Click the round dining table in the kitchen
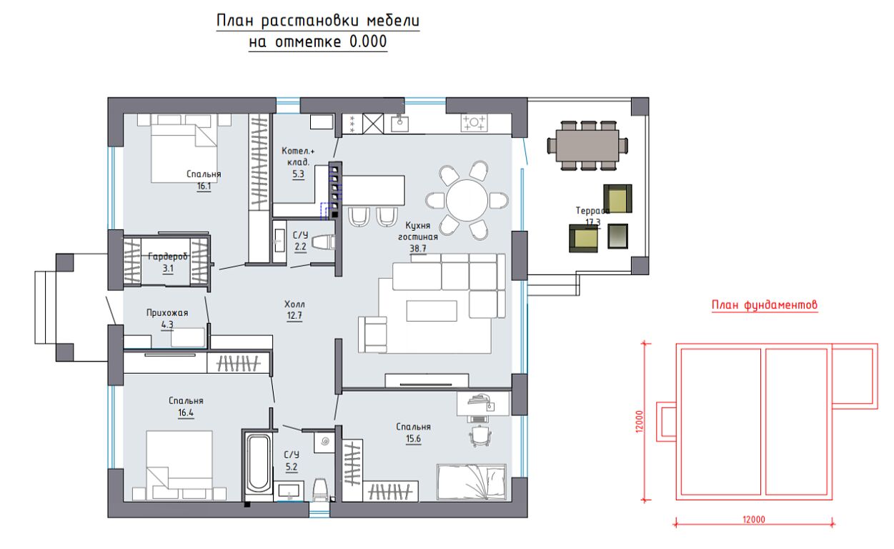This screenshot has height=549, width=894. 467,200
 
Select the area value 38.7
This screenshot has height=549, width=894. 418,248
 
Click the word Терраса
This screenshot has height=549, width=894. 592,210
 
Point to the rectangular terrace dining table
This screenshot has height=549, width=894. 587,145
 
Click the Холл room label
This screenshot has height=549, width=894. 294,305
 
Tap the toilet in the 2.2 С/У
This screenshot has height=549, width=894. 323,242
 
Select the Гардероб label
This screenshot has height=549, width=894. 168,257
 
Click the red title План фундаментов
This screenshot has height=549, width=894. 765,305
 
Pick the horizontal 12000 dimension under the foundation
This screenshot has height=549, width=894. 753,520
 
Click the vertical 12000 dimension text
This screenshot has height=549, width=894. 640,421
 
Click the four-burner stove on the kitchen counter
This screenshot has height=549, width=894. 474,122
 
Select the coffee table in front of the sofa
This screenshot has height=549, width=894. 432,311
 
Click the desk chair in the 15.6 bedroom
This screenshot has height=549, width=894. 480,435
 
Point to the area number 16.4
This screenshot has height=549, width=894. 186,412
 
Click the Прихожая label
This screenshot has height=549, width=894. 167,312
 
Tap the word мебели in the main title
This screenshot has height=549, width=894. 393,21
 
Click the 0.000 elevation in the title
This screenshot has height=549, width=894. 368,41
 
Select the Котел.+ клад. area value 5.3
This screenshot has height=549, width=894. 298,174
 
